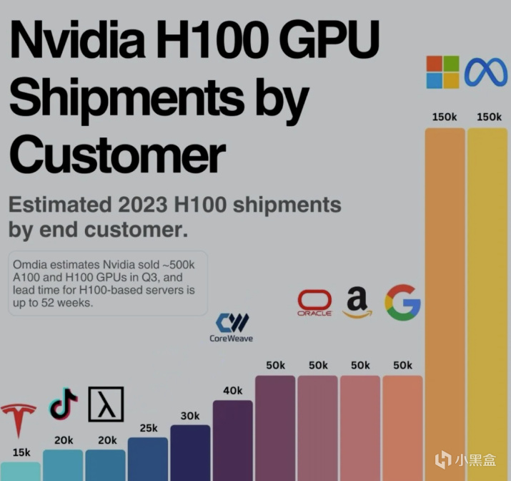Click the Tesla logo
pos(19,419)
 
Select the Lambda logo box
pos(106,404)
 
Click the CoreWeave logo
pos(231,326)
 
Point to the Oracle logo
pos(314,303)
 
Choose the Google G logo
pos(402,302)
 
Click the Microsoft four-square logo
pos(443,72)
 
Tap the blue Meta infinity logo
pos(486,72)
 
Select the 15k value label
pos(21,452)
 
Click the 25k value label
pos(148,428)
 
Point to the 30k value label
pos(190,416)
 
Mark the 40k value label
pos(232,391)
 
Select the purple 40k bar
pos(232,440)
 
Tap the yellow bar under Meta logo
pos(487,301)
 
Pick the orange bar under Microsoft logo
pos(445,301)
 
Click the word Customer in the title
pos(116,153)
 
